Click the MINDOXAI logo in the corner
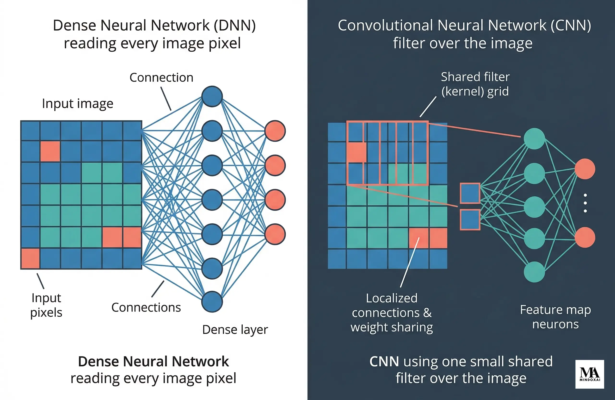(x=590, y=374)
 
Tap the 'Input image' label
(x=78, y=104)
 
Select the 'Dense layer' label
(x=235, y=330)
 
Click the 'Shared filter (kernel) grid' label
(x=475, y=84)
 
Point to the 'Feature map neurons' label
(x=555, y=317)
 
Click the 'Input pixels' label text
(x=46, y=305)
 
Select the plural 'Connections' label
(x=146, y=307)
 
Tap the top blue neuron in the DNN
(x=212, y=96)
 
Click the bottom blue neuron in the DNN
(x=212, y=302)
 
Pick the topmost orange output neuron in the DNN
(x=275, y=131)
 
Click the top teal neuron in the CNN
(x=534, y=139)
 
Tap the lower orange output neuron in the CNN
(x=585, y=237)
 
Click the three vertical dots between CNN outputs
(x=585, y=203)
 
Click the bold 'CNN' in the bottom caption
(x=384, y=362)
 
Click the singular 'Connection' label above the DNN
(x=161, y=78)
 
